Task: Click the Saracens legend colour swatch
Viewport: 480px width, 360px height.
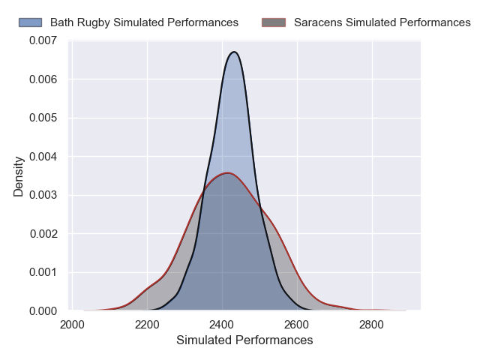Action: click(x=274, y=22)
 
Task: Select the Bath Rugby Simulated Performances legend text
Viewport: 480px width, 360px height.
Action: click(x=144, y=22)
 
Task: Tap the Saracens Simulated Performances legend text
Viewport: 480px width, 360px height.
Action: click(x=382, y=22)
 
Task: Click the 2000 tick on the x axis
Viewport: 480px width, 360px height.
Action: click(x=72, y=325)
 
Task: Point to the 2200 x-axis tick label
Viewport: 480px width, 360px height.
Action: click(x=147, y=325)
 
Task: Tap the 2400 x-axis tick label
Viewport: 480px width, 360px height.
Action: click(x=222, y=325)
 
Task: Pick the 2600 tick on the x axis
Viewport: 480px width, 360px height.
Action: click(x=297, y=325)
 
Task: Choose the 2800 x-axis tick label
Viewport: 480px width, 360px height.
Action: click(x=372, y=325)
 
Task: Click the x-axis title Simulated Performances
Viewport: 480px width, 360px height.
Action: click(x=244, y=340)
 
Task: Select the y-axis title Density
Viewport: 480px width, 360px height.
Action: click(x=19, y=175)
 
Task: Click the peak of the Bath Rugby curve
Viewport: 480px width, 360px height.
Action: click(x=235, y=52)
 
